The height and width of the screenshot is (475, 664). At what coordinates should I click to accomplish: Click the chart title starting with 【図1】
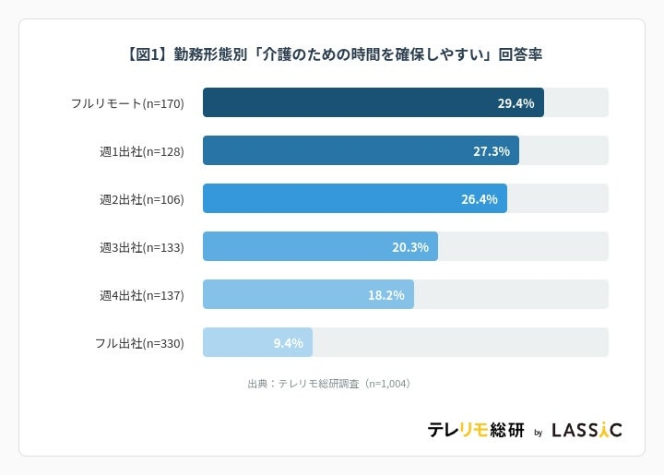click(332, 54)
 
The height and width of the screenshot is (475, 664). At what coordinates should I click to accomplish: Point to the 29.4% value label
click(516, 103)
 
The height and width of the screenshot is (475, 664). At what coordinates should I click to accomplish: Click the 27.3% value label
click(491, 151)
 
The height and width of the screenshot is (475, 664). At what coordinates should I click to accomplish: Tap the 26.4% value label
click(479, 199)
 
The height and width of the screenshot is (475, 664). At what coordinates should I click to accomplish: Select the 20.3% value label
click(410, 247)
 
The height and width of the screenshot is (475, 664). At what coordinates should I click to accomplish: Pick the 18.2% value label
click(385, 295)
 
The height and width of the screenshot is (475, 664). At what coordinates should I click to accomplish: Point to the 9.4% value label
click(288, 343)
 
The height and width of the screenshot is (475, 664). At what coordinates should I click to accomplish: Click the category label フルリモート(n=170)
click(127, 103)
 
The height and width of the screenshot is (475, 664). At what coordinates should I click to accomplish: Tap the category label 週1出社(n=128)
click(142, 151)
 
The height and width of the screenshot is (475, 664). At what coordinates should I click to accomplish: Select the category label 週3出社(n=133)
click(142, 247)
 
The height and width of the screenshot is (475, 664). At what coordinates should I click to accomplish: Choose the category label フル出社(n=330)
click(139, 343)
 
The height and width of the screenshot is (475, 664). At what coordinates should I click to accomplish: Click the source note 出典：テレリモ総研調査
click(328, 383)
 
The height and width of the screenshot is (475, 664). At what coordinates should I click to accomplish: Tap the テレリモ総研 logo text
click(475, 430)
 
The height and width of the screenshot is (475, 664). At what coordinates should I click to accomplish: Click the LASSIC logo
click(587, 430)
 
